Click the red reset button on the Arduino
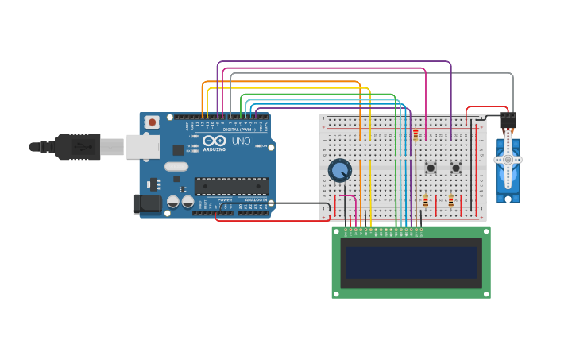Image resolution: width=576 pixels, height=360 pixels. click(151, 122)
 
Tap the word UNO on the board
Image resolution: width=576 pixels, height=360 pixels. click(241, 141)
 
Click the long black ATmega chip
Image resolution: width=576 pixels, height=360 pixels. click(231, 186)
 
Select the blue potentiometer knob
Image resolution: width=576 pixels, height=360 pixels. click(340, 170)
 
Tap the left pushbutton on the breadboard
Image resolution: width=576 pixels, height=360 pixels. click(431, 168)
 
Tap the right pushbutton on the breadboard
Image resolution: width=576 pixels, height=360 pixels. click(456, 168)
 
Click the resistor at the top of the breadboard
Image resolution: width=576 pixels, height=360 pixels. click(415, 135)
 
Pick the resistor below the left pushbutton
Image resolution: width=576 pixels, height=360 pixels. click(425, 200)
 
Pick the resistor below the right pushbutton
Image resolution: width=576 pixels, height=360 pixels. click(450, 200)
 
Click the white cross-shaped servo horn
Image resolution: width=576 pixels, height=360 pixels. click(508, 159)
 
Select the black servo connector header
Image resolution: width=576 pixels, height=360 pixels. click(508, 120)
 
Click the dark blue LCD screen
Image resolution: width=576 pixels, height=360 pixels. click(411, 262)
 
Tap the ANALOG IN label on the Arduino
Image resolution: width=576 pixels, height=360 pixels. click(255, 199)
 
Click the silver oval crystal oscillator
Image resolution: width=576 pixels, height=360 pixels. click(176, 167)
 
